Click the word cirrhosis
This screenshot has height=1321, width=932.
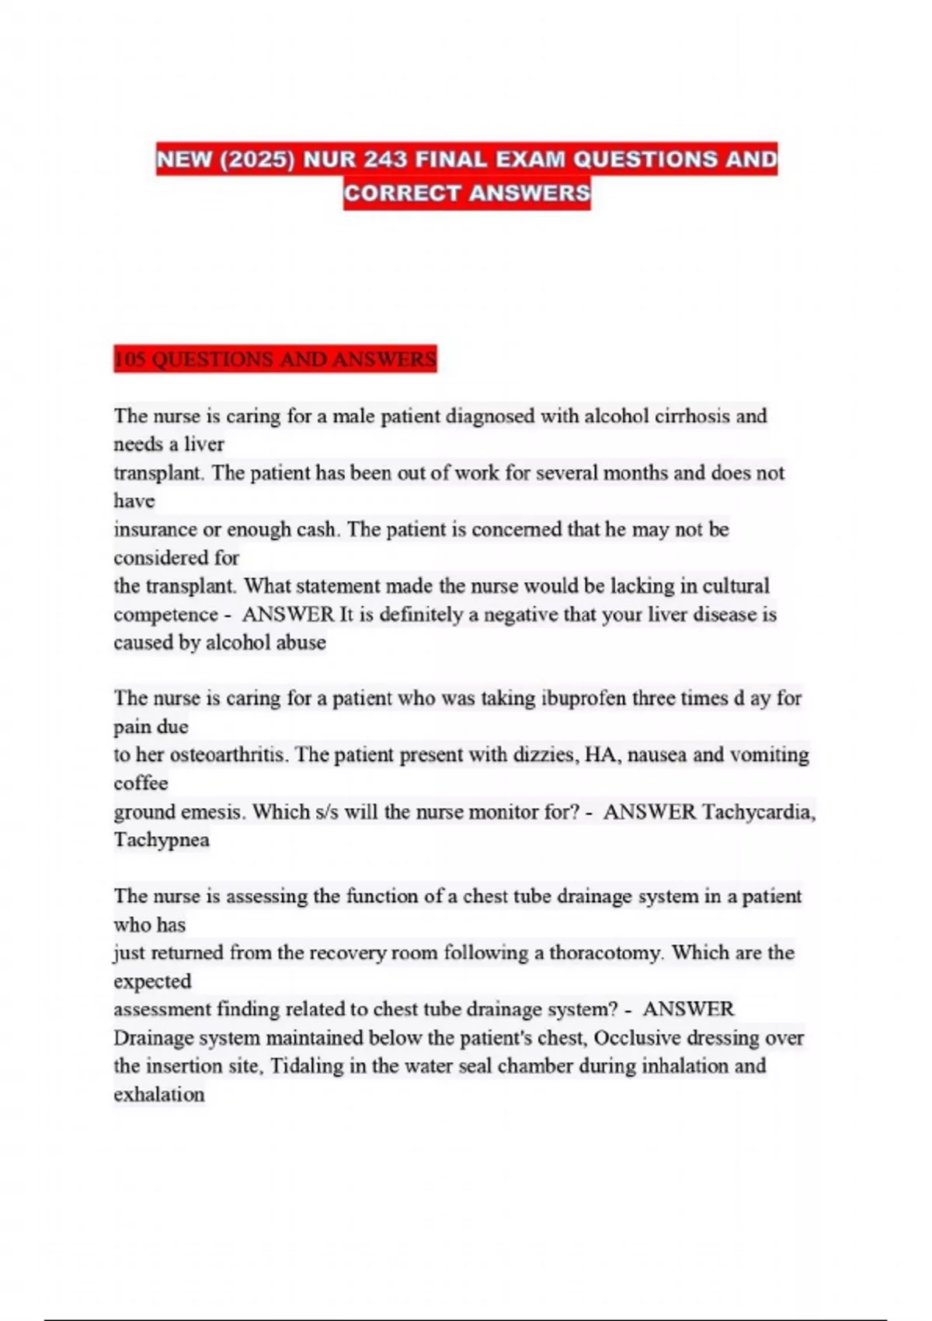pos(692,417)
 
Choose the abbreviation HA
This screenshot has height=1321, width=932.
pos(600,755)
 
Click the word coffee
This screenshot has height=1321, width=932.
pos(141,783)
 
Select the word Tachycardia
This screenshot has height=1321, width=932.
pos(758,812)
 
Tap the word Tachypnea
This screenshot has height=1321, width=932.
pos(162,840)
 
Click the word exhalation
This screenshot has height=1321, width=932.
pos(159,1095)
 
